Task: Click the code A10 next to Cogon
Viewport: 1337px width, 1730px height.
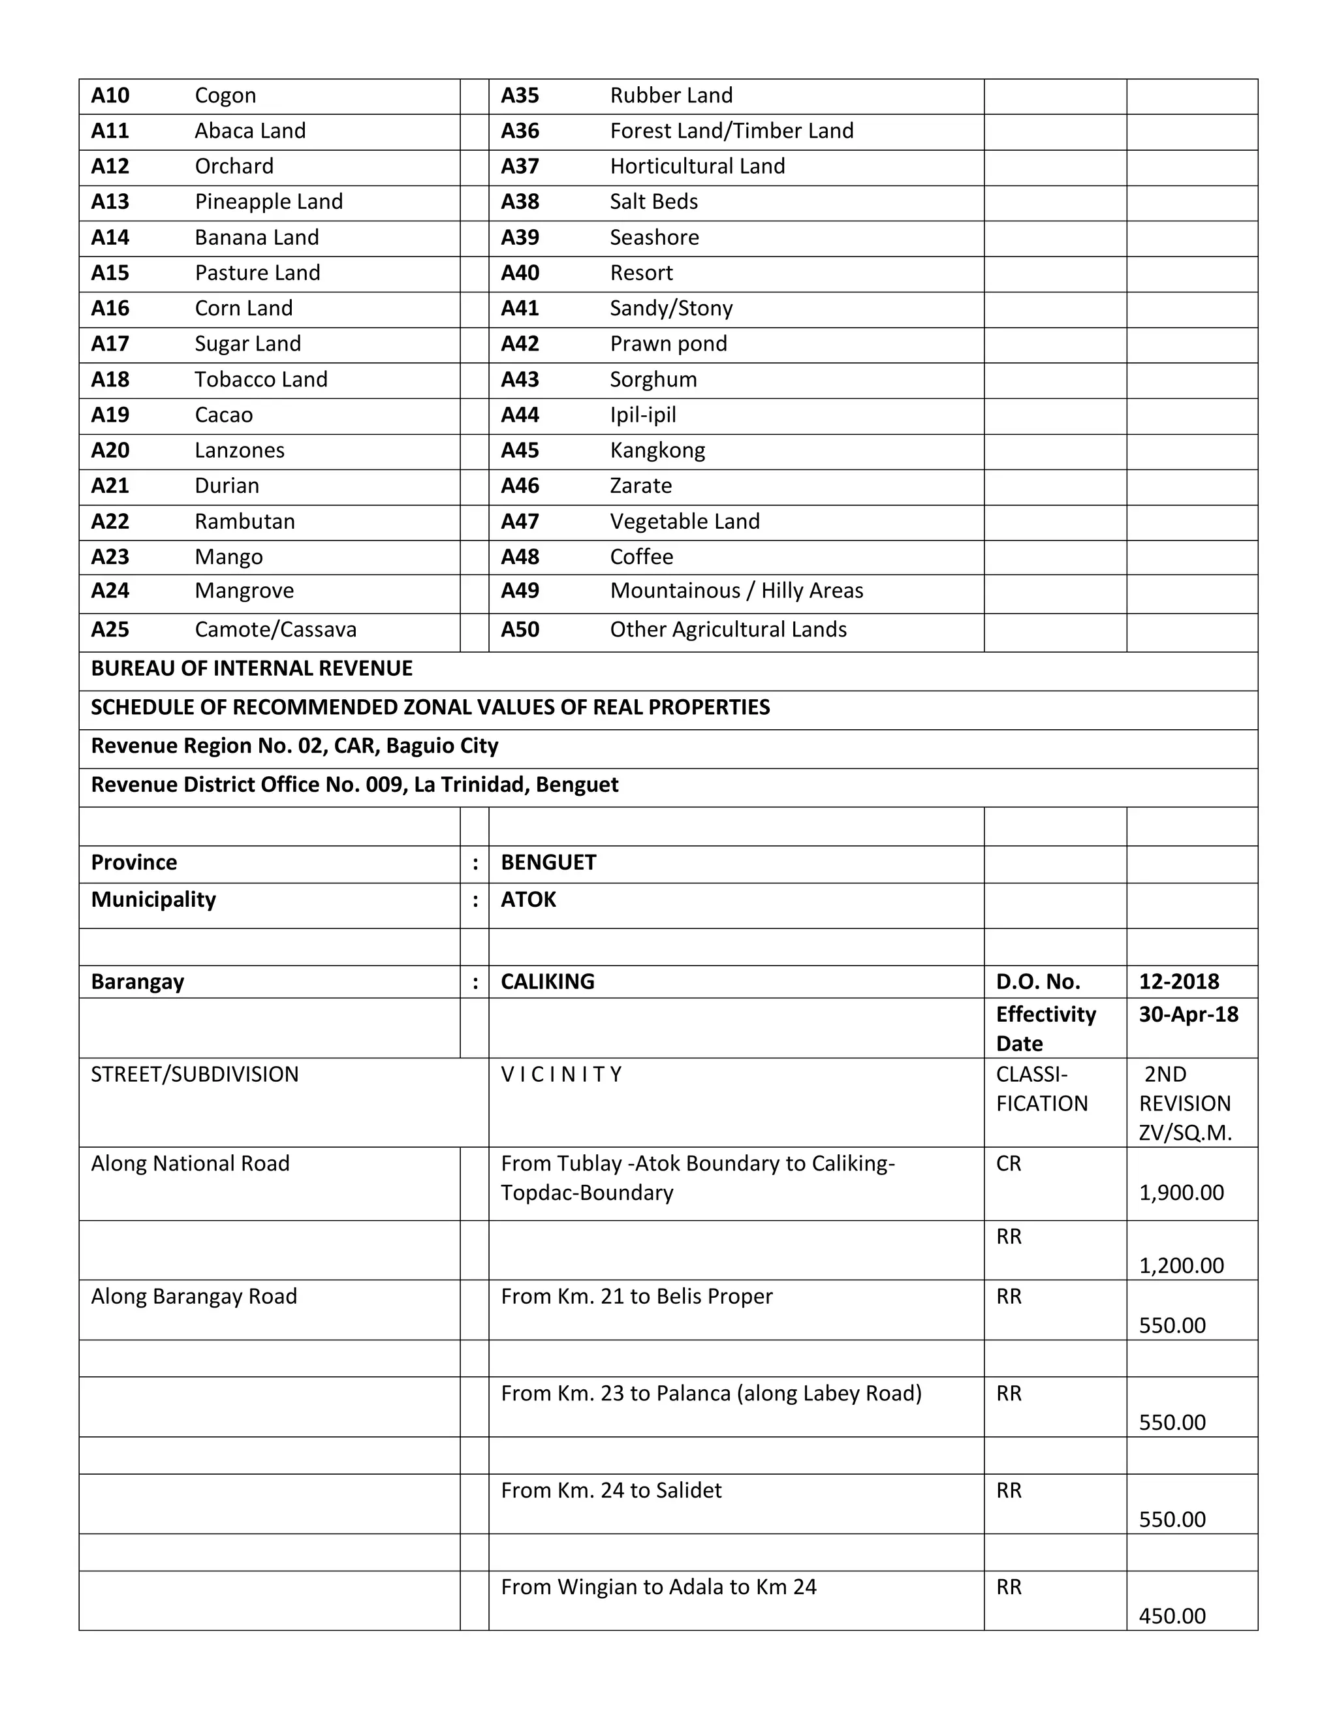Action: [110, 96]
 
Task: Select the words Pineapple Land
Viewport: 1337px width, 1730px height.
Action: [268, 202]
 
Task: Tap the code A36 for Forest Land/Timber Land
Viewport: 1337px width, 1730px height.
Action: [520, 131]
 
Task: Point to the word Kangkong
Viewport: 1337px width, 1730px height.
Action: [657, 450]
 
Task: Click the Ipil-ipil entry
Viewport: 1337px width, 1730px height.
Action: [642, 415]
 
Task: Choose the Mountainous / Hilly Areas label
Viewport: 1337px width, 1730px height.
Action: [736, 591]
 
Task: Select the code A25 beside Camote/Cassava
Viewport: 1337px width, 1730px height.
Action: [110, 630]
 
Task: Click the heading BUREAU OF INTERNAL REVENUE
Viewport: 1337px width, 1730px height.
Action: [251, 668]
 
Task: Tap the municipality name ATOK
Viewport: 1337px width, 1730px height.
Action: [528, 900]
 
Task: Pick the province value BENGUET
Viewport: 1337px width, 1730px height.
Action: [548, 862]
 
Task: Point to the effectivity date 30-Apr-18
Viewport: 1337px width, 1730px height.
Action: [1188, 1014]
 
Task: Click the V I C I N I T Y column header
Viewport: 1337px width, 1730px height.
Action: [561, 1075]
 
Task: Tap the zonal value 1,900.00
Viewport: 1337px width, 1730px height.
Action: [1181, 1193]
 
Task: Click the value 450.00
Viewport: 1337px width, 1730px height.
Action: [1171, 1616]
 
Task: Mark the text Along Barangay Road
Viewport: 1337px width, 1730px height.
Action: [193, 1297]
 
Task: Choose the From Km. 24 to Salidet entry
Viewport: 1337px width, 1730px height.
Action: [610, 1491]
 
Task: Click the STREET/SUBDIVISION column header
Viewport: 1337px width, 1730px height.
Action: [194, 1075]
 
